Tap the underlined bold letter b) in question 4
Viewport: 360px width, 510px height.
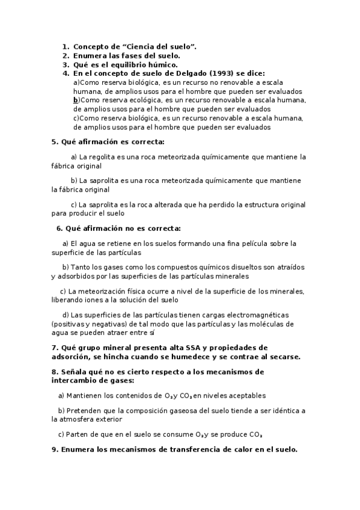[76, 100]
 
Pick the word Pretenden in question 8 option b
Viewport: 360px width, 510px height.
[85, 410]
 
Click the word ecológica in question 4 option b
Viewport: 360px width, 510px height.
[145, 100]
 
